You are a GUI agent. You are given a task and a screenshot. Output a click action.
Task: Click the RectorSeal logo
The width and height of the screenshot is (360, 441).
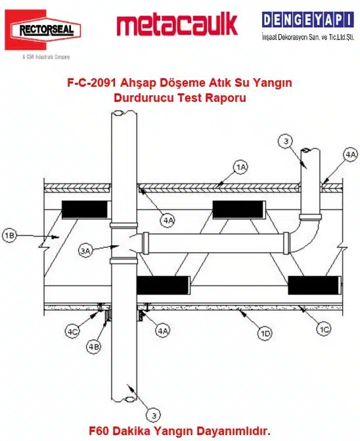(x=43, y=30)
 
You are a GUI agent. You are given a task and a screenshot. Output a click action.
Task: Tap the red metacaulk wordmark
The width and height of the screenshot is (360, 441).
(x=177, y=24)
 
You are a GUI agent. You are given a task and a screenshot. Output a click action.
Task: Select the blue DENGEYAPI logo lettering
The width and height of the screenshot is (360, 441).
(x=307, y=20)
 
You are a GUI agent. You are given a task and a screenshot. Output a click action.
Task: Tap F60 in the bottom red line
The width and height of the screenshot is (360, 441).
(x=99, y=430)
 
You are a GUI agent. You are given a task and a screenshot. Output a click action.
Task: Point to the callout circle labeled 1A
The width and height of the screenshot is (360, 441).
(x=241, y=168)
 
